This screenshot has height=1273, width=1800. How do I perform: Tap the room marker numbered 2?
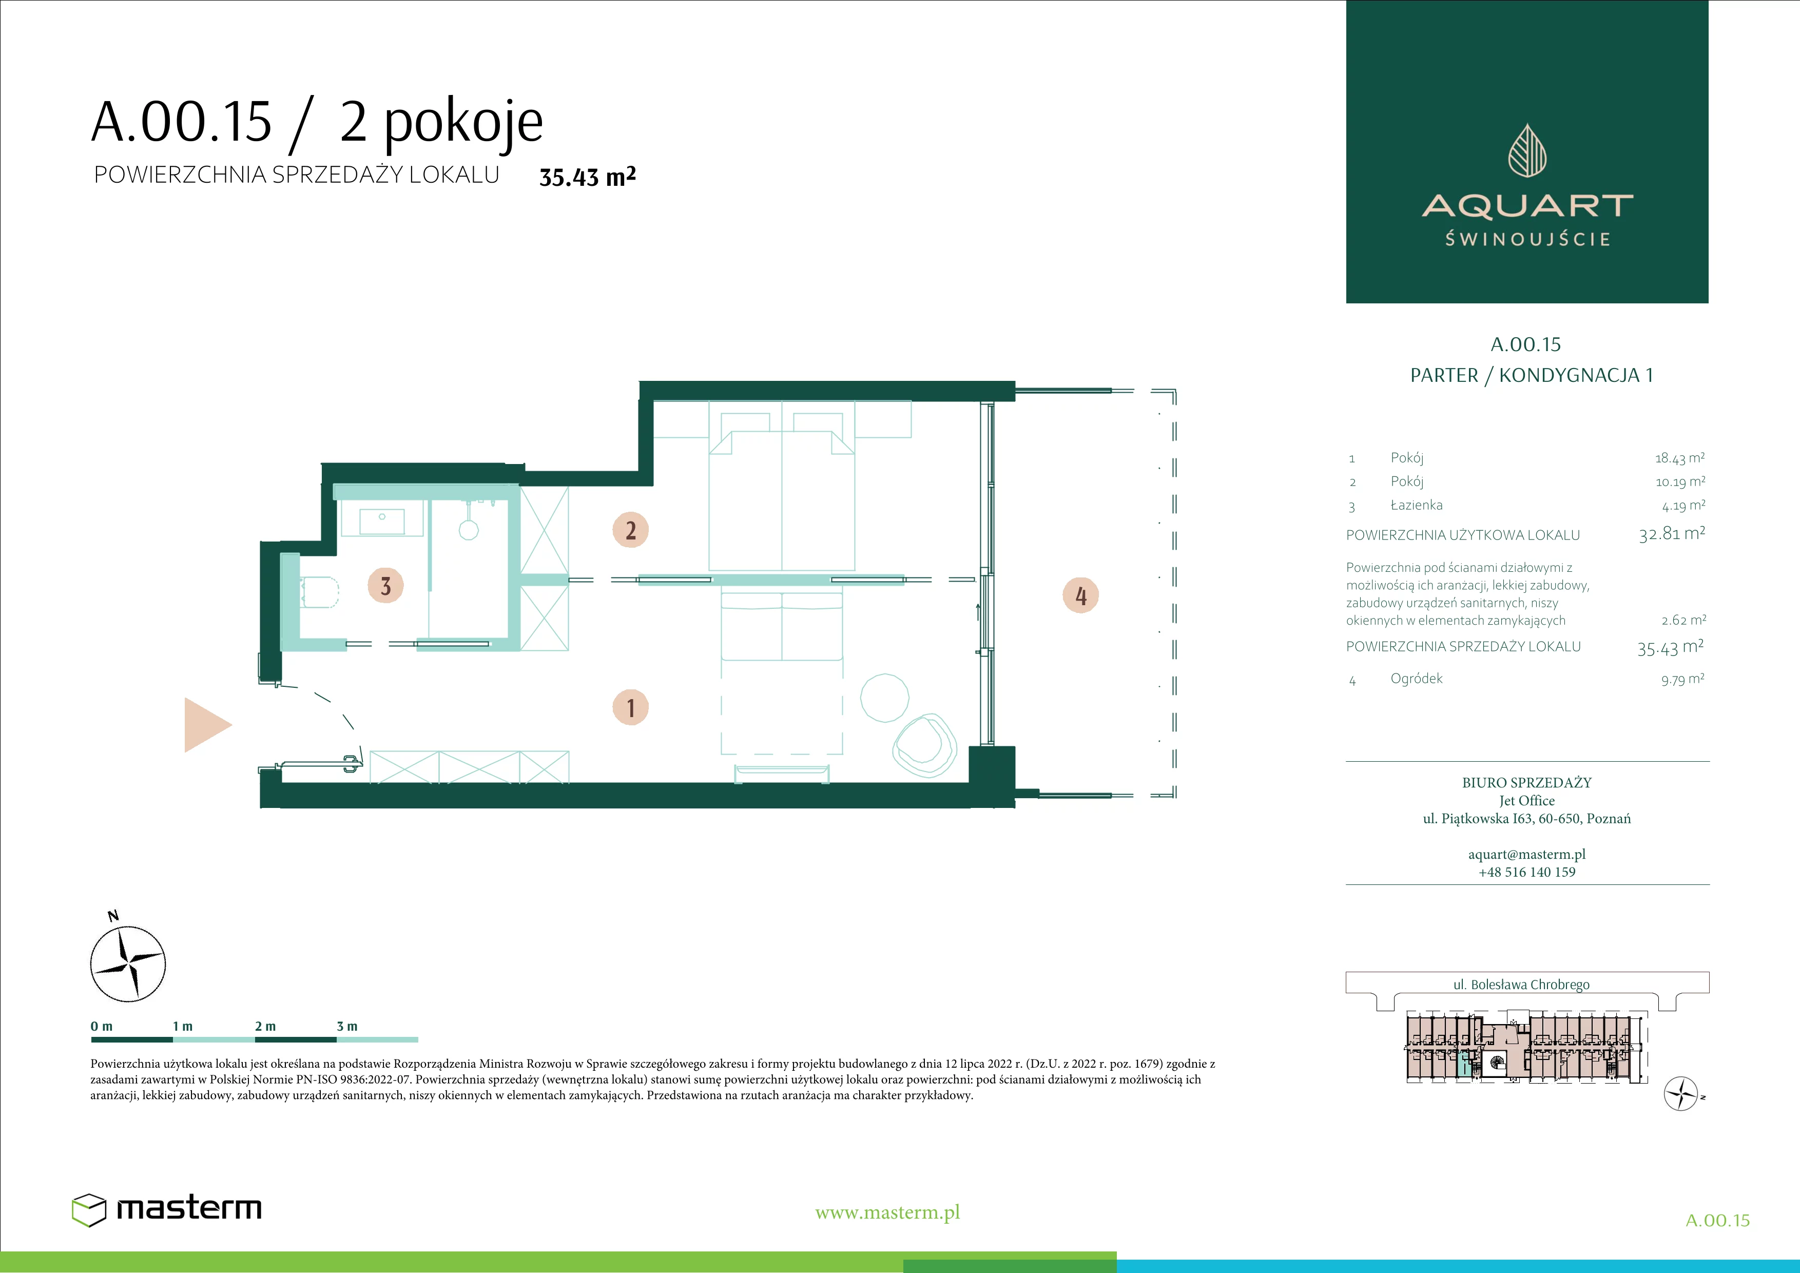630,530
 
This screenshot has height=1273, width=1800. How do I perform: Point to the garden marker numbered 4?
1080,596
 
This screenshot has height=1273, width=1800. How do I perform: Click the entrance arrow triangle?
207,725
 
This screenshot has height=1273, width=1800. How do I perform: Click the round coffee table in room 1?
884,698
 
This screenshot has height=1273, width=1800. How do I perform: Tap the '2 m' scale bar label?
265,1026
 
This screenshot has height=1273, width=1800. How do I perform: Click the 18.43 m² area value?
1679,458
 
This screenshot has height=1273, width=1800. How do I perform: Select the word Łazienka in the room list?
1417,505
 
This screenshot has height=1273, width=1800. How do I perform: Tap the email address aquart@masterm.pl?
1527,855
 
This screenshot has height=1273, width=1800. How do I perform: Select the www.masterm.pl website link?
887,1212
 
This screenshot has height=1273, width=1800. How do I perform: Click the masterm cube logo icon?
89,1209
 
